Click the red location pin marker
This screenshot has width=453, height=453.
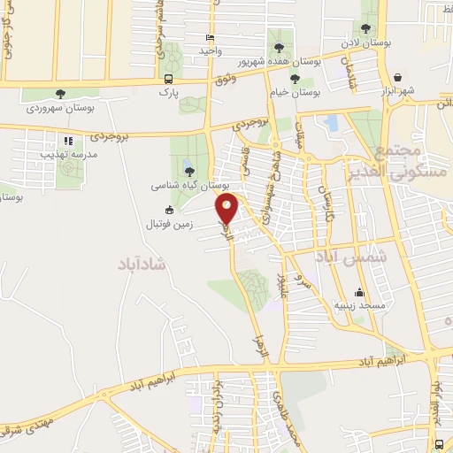227,209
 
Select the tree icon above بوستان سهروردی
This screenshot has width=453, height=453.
60,94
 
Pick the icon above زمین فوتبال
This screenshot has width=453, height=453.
169,211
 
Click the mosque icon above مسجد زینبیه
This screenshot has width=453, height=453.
358,292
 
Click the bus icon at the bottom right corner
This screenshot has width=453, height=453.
440,444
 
